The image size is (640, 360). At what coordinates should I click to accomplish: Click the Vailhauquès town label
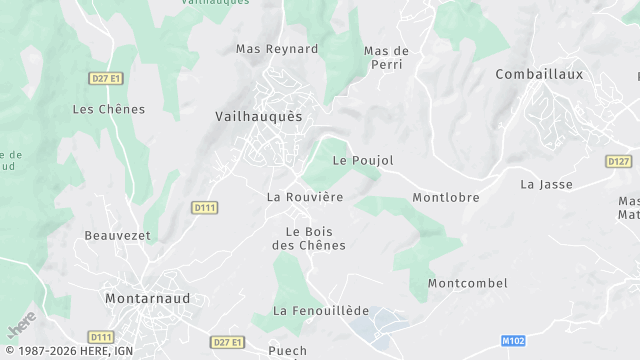pyautogui.click(x=258, y=117)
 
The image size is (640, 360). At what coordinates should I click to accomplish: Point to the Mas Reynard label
pyautogui.click(x=276, y=49)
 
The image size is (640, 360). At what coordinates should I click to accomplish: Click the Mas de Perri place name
pyautogui.click(x=386, y=58)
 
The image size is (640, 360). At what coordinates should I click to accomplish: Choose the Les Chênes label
pyautogui.click(x=109, y=109)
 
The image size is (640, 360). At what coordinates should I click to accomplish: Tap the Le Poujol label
pyautogui.click(x=363, y=160)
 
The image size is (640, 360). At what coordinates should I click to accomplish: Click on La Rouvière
pyautogui.click(x=305, y=197)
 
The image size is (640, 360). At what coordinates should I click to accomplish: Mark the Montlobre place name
pyautogui.click(x=446, y=198)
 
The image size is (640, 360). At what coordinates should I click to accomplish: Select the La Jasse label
pyautogui.click(x=544, y=184)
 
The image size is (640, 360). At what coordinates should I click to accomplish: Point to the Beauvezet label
pyautogui.click(x=117, y=236)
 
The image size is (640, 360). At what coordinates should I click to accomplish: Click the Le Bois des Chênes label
pyautogui.click(x=309, y=238)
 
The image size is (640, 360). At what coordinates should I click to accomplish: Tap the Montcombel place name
pyautogui.click(x=468, y=283)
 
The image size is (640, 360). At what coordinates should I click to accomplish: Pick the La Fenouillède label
pyautogui.click(x=321, y=311)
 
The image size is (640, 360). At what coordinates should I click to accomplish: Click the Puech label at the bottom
pyautogui.click(x=288, y=350)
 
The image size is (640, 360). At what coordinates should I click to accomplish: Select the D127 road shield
pyautogui.click(x=618, y=161)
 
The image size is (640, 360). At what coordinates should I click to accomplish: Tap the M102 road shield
pyautogui.click(x=514, y=341)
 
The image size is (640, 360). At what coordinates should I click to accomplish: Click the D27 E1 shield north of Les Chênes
pyautogui.click(x=104, y=77)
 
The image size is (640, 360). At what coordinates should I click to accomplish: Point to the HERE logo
pyautogui.click(x=22, y=322)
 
